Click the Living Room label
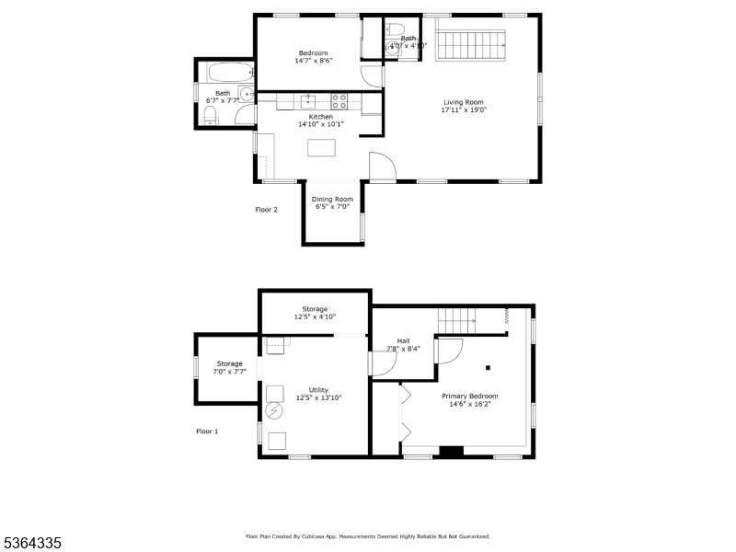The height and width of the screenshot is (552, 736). coord(464,102)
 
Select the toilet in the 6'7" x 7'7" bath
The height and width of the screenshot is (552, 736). coord(209,115)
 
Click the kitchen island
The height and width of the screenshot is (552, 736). coord(321,147)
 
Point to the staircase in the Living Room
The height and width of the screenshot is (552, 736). coord(471,43)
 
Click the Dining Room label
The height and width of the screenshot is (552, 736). coord(332,200)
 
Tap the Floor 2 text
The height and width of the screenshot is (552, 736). coord(266,210)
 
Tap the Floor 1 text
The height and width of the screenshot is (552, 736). coord(207,431)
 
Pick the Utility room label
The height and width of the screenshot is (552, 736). coord(318,390)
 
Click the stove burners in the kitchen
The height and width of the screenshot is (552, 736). coord(339,100)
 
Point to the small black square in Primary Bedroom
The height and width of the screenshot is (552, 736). coord(488,368)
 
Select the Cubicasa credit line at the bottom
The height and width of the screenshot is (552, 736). coord(367,536)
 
